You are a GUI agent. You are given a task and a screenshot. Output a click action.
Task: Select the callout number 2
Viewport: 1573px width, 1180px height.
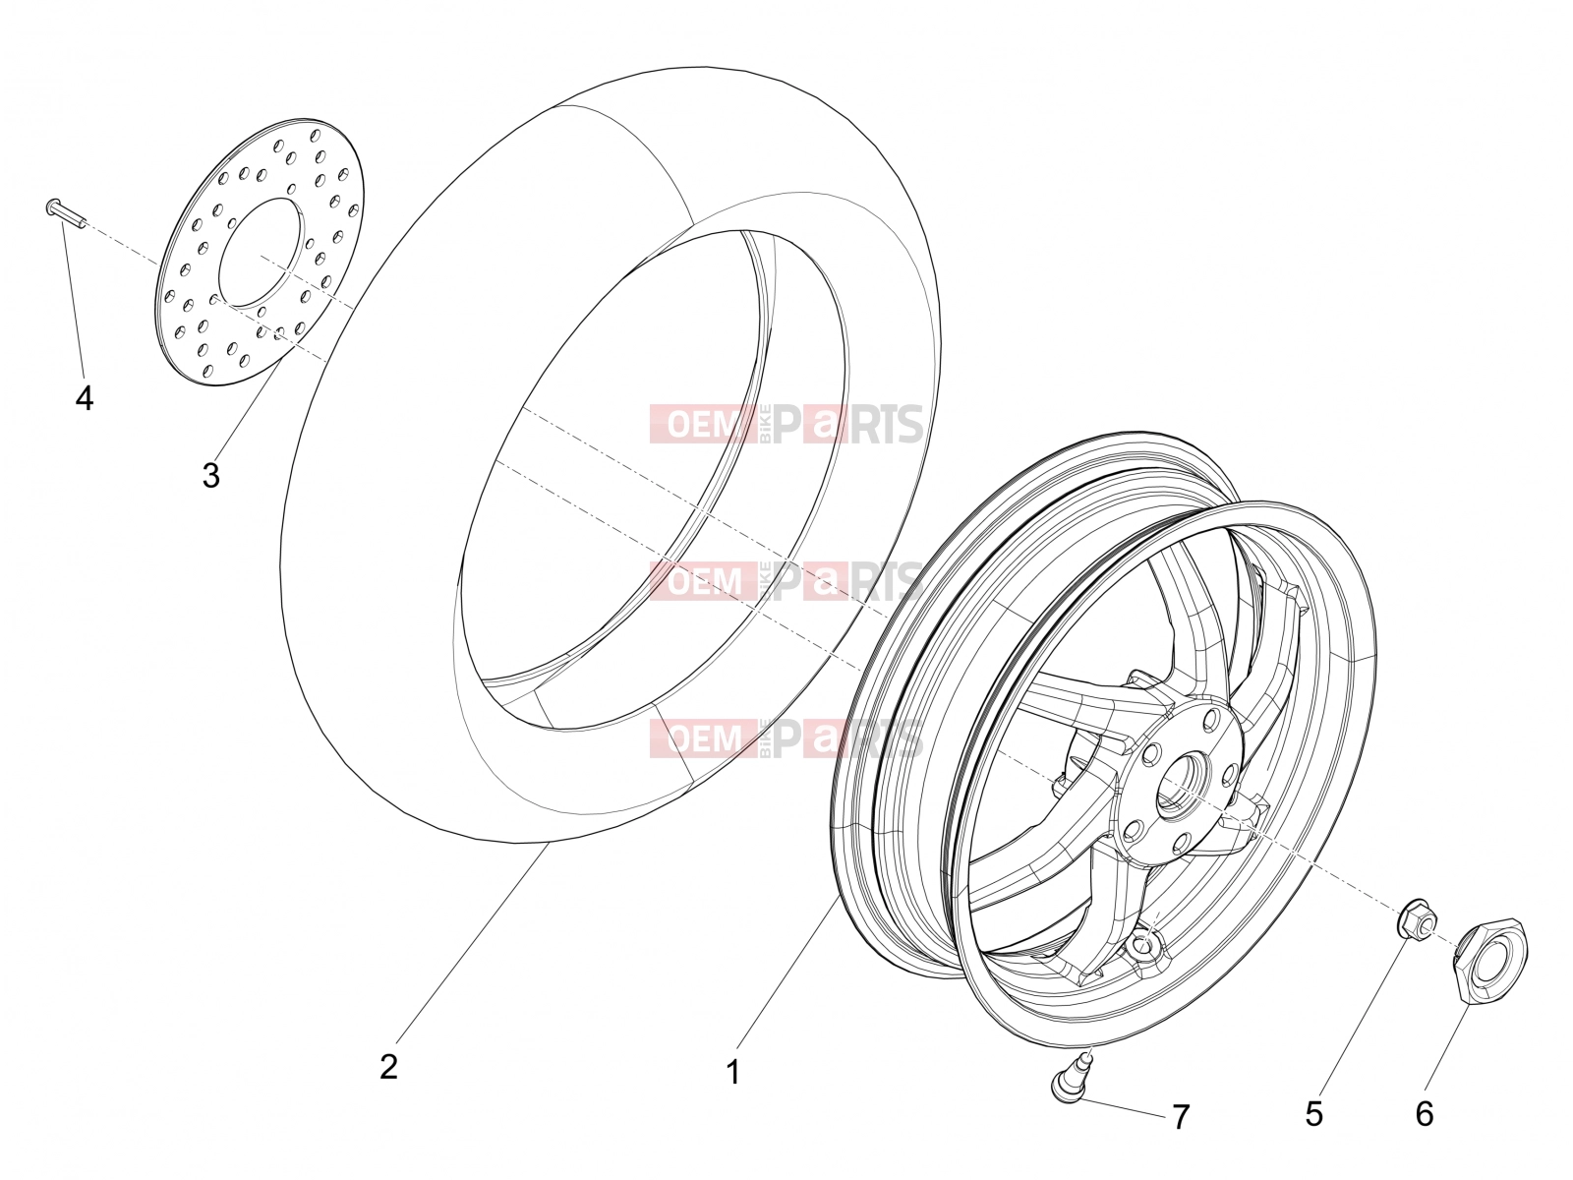point(388,1067)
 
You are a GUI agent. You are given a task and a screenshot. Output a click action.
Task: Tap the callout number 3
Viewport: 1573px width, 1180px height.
point(210,475)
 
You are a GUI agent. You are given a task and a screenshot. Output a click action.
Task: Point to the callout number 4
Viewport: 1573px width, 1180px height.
point(85,397)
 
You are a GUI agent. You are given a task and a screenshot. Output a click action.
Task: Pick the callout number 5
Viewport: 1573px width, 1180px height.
point(1313,1114)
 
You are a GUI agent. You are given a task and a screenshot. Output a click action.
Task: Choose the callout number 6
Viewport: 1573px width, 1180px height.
point(1425,1114)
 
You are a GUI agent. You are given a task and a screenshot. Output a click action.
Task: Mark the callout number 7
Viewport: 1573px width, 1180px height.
point(1181,1116)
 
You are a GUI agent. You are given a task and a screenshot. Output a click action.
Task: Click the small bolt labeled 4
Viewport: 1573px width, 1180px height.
point(66,213)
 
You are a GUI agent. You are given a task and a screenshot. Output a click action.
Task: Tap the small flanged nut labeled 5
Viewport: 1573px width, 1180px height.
point(1417,918)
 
